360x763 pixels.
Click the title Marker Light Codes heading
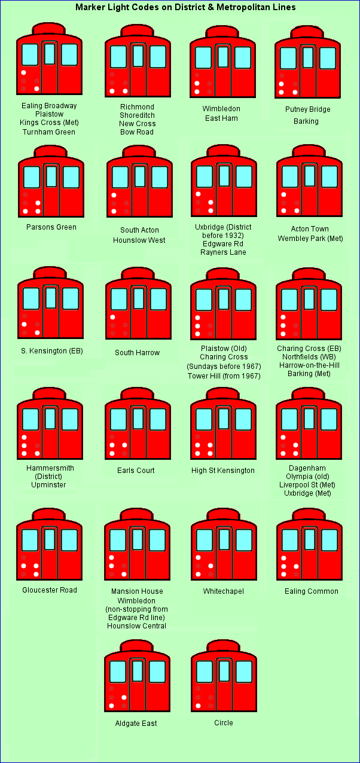[185, 7]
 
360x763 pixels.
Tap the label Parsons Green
[51, 227]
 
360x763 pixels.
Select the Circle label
[224, 722]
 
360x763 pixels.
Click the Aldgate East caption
[136, 723]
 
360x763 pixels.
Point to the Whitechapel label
[224, 591]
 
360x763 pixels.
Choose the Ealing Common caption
[312, 591]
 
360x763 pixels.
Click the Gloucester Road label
[50, 590]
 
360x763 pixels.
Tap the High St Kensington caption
[223, 471]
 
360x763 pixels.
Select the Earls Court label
[136, 471]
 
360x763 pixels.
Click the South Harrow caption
[138, 353]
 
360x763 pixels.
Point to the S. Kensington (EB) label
[52, 351]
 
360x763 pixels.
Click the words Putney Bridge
[308, 109]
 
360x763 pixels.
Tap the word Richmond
[138, 106]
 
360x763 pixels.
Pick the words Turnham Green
[49, 132]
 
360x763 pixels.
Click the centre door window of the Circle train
[224, 671]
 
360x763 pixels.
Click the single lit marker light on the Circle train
[198, 706]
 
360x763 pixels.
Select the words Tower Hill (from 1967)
[224, 376]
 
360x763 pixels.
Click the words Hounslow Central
[136, 625]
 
